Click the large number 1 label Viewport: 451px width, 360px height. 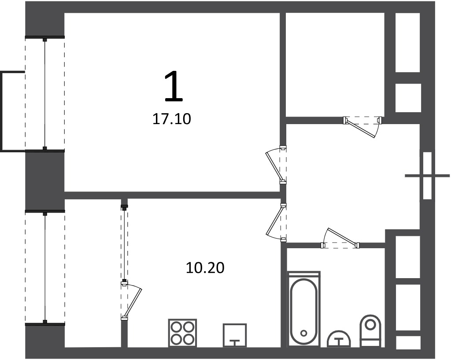click(174, 87)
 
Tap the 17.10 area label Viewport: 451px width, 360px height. click(171, 119)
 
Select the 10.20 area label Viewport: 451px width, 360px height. click(205, 268)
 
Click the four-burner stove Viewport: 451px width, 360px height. click(182, 333)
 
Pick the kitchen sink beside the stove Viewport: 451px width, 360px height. click(235, 335)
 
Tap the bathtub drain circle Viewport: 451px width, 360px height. click(304, 333)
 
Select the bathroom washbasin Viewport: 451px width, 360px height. click(339, 339)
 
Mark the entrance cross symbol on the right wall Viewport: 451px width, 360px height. click(427, 176)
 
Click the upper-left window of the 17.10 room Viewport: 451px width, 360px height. click(45, 93)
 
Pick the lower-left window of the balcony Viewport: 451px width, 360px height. click(45, 268)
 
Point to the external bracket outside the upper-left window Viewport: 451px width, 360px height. click(12, 111)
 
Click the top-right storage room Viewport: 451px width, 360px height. click(335, 65)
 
